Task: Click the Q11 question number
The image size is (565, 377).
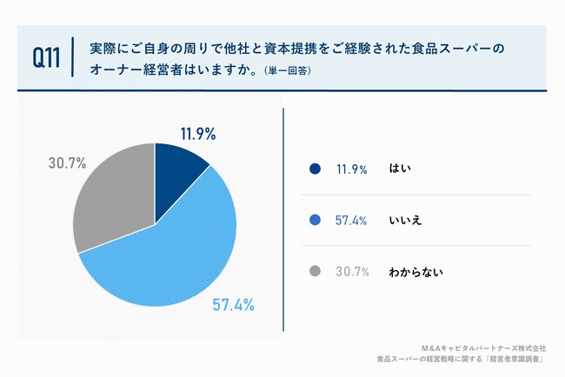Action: [x=46, y=58]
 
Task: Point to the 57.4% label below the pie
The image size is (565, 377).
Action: [x=233, y=305]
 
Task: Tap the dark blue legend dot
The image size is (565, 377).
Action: [x=315, y=169]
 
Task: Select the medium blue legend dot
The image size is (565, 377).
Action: [x=315, y=221]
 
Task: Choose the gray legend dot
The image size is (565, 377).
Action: [x=315, y=272]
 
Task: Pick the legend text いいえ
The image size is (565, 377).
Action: [x=405, y=221]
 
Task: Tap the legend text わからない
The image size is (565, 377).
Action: [x=416, y=272]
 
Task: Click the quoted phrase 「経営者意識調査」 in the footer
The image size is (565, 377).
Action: [x=515, y=358]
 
